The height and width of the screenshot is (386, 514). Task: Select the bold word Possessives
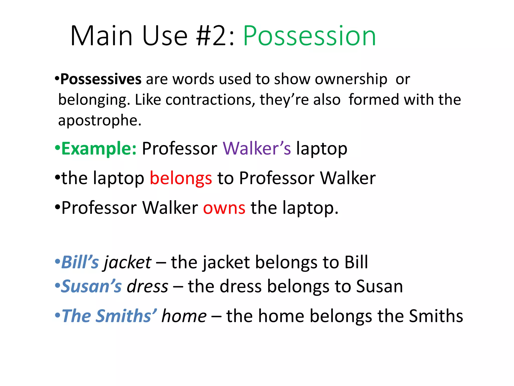point(101,79)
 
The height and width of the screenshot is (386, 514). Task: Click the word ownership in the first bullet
point(351,80)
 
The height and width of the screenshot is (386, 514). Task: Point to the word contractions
point(208,100)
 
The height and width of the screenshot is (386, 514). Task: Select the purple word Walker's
point(257,149)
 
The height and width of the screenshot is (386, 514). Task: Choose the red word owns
point(224,208)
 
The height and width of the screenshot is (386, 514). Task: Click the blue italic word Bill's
point(80,262)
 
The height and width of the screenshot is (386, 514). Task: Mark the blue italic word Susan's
point(91,286)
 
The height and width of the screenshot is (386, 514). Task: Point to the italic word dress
point(148,286)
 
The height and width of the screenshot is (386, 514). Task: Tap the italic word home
point(184,316)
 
